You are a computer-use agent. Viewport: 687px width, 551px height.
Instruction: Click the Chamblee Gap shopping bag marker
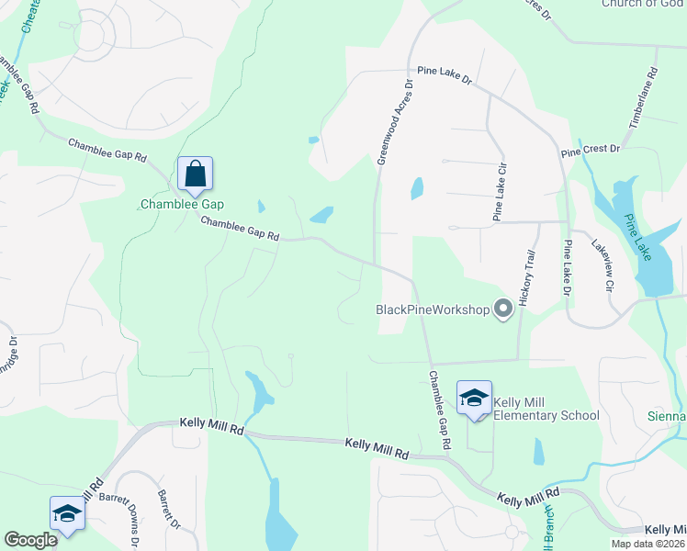(196, 173)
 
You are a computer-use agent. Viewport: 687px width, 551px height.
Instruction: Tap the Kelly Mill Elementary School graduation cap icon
(474, 399)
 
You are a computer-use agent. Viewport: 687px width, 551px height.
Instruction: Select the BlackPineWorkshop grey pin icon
(502, 309)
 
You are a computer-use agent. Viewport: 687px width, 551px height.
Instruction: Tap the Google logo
(30, 540)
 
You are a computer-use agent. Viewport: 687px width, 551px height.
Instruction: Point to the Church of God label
(644, 5)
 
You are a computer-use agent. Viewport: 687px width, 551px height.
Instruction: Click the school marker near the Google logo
(67, 514)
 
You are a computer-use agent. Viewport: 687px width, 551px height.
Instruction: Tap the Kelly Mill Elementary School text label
(546, 409)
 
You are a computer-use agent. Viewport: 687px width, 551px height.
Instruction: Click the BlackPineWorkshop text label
(434, 309)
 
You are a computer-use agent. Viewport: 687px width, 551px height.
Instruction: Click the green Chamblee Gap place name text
(182, 204)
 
